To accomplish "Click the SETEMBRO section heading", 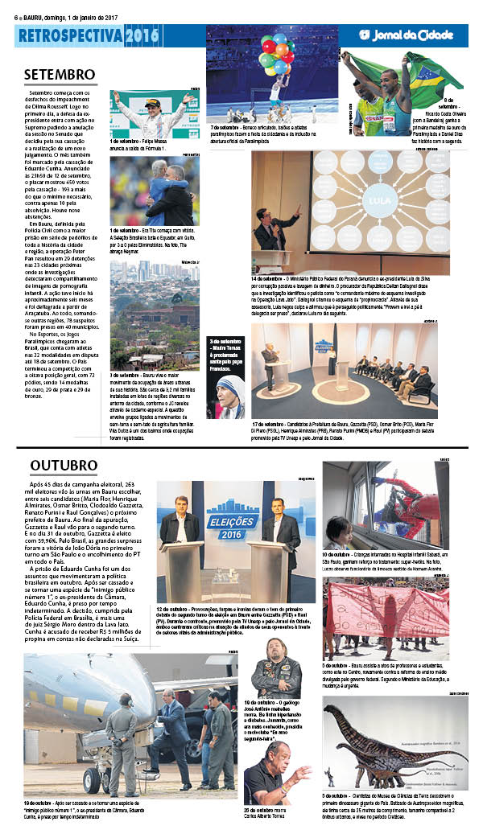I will click(60, 74).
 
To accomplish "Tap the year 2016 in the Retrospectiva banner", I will click(142, 35).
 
